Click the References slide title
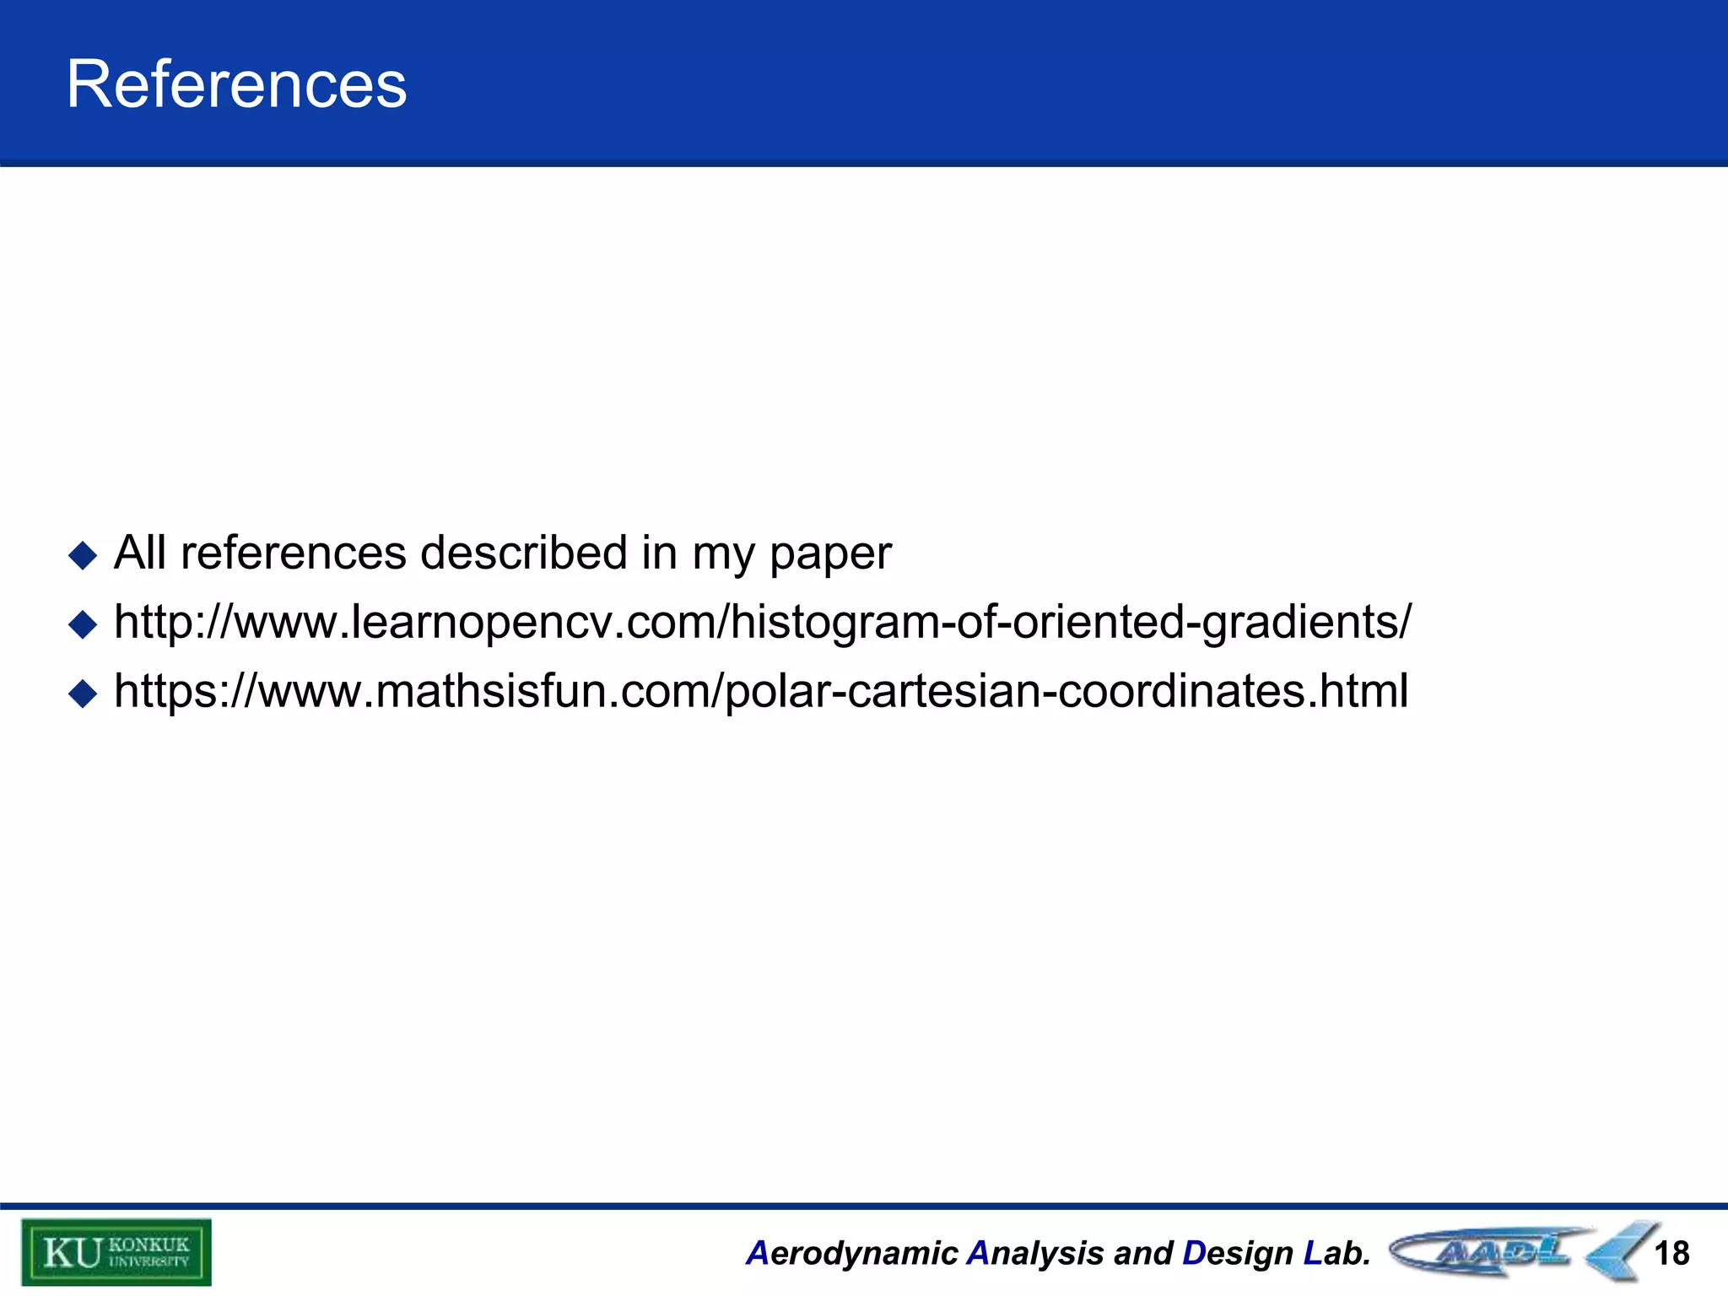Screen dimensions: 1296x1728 coord(236,84)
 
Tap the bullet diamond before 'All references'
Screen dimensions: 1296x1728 coord(83,556)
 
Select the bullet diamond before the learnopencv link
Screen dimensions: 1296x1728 coord(83,625)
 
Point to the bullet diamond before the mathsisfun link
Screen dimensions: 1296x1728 coord(83,694)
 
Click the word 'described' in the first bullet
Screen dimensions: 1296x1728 coord(524,553)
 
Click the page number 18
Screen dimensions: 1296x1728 coord(1671,1254)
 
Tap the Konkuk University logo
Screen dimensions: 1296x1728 coord(116,1252)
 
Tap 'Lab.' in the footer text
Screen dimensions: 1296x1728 coord(1336,1254)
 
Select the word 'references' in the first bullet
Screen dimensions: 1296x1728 coord(293,553)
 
